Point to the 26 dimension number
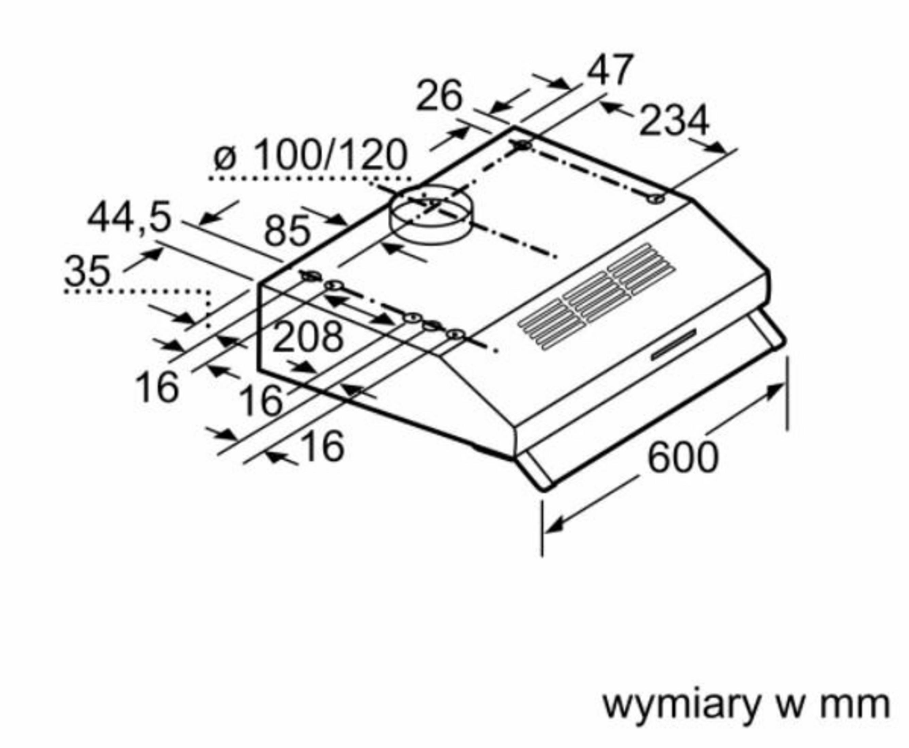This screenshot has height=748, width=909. coord(439,96)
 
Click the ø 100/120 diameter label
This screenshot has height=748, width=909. coord(310,155)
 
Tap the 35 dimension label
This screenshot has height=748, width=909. coord(87,271)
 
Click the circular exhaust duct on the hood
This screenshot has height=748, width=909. coord(431,216)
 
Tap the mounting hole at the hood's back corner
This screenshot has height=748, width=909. coord(523,145)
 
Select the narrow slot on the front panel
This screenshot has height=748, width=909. coord(673,345)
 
